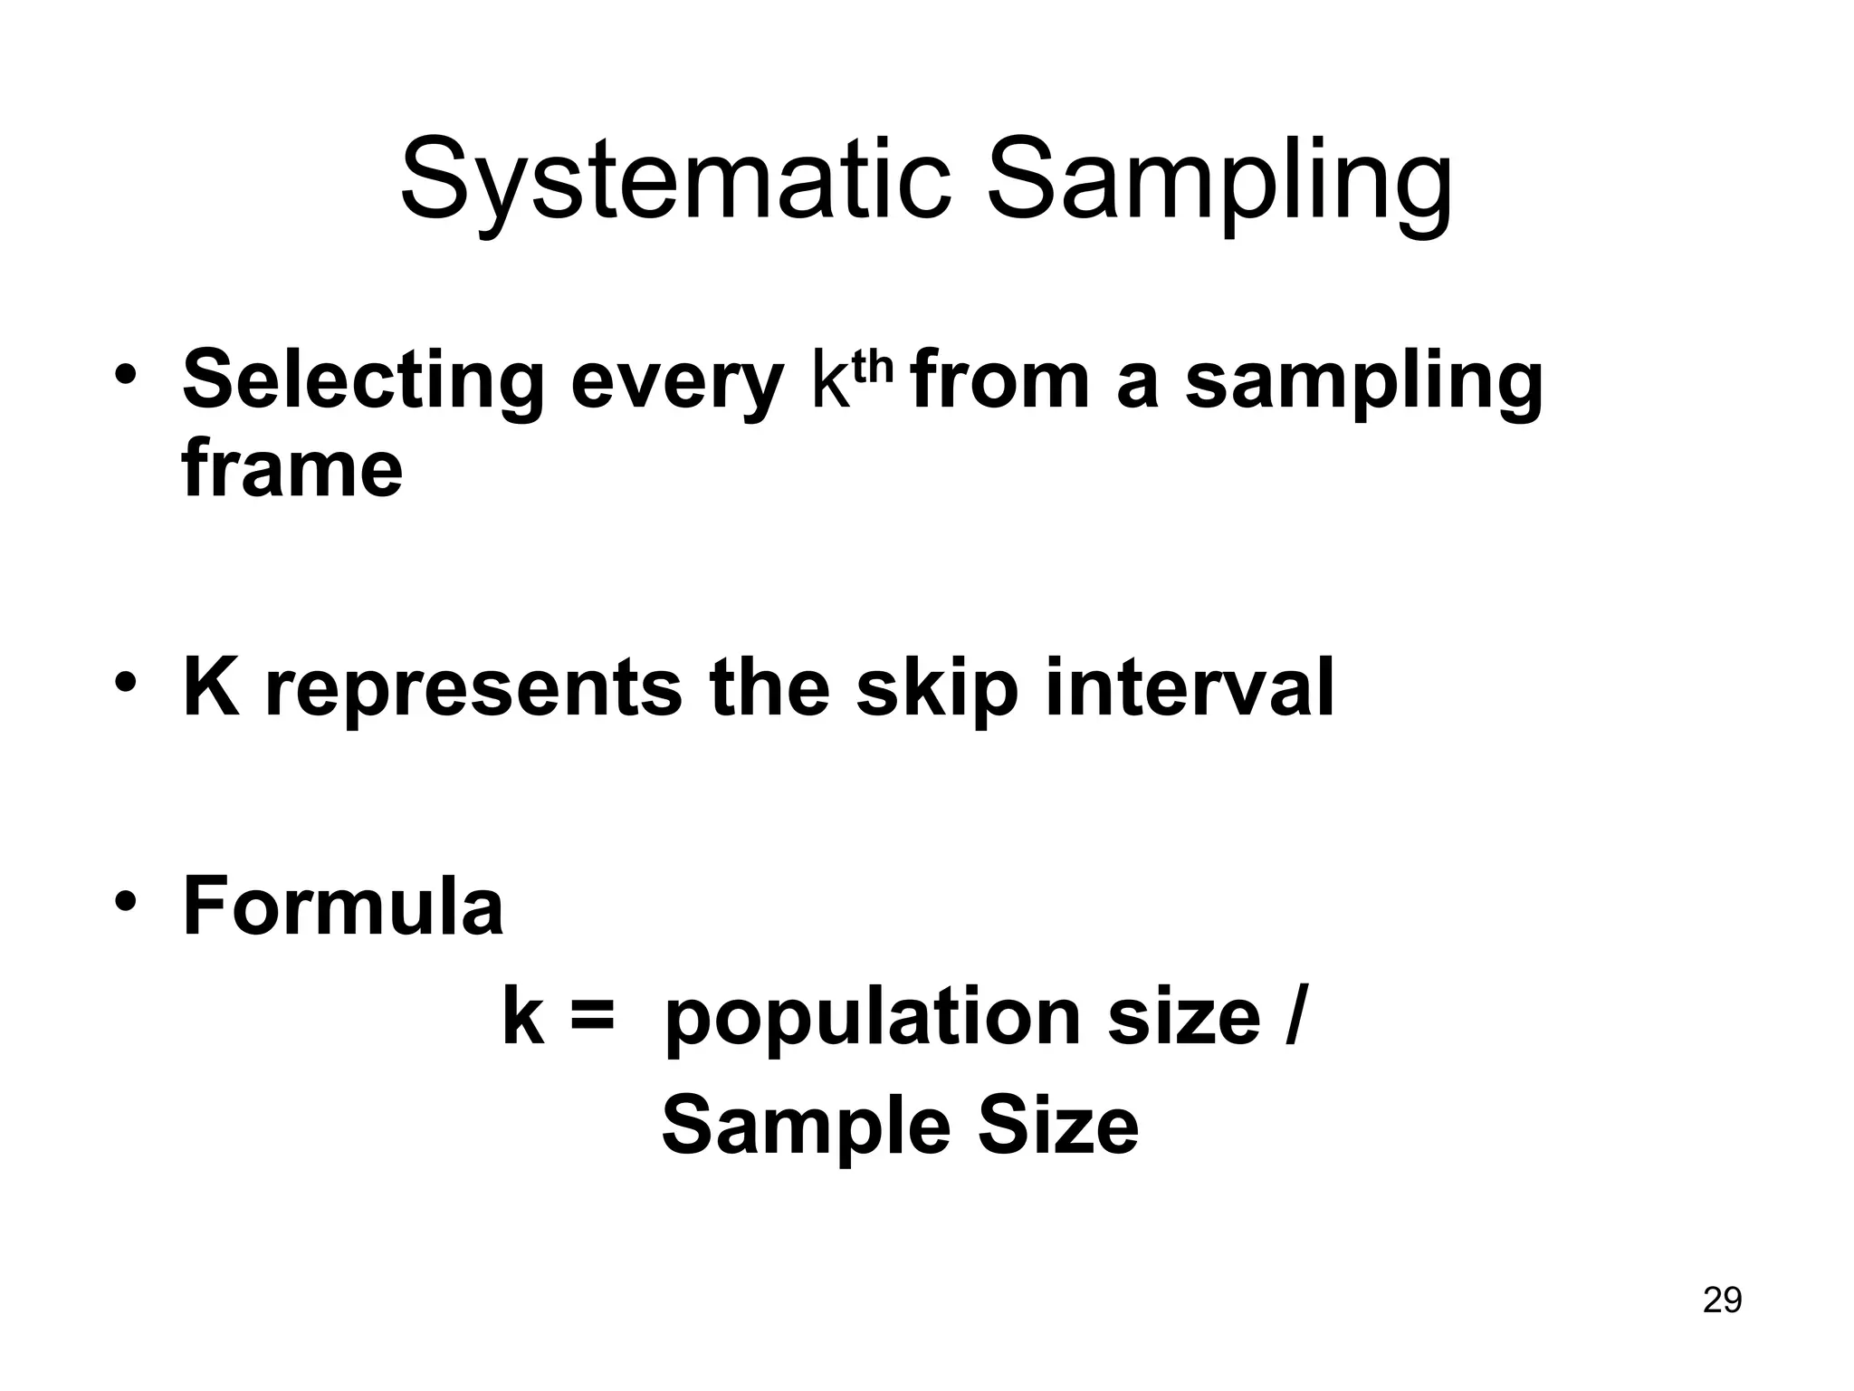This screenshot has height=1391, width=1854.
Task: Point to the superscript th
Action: click(873, 367)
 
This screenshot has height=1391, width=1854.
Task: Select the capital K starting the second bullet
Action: click(211, 687)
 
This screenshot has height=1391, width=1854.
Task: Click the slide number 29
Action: click(1722, 1300)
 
